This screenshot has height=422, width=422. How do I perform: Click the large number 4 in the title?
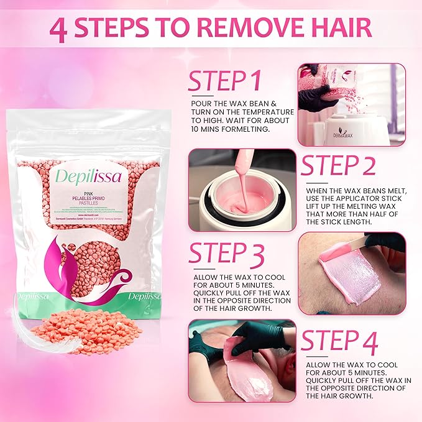click(x=59, y=31)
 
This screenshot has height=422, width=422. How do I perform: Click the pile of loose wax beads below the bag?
click(x=87, y=328)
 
